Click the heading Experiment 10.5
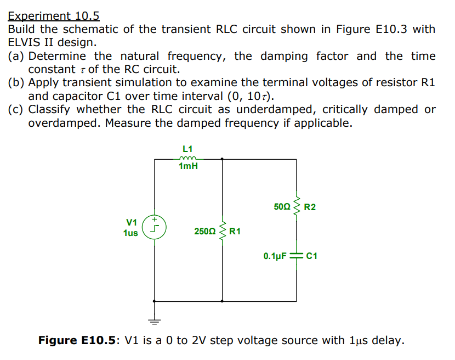coord(54,16)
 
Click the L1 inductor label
coord(187,148)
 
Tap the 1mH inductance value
coord(188,166)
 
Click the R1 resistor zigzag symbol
coord(222,231)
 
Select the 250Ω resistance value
coord(205,232)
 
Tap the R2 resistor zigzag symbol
coord(297,206)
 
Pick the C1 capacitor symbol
coord(297,256)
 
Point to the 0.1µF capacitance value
coord(275,256)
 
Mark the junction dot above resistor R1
coord(222,159)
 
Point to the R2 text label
coord(310,207)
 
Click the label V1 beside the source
coord(132,222)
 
